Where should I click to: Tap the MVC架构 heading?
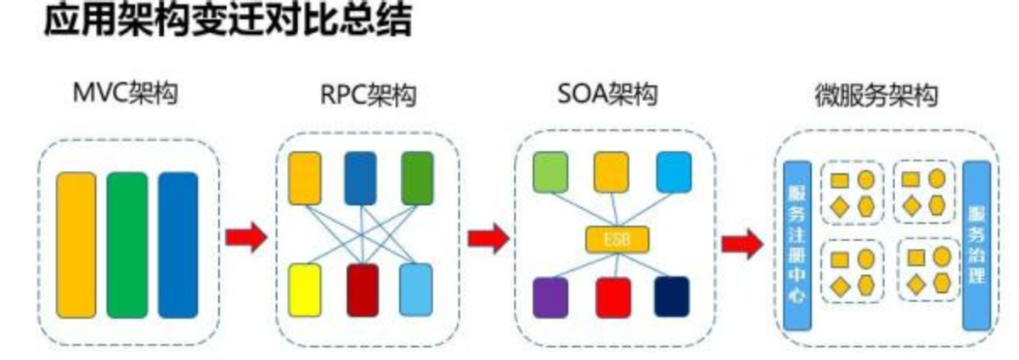[127, 93]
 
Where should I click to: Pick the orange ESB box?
[616, 239]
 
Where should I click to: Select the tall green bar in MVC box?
[127, 245]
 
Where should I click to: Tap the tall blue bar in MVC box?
[177, 245]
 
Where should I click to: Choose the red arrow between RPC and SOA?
[488, 239]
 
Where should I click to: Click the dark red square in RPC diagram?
[363, 289]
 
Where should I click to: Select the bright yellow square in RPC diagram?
[304, 289]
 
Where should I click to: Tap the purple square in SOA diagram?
[550, 296]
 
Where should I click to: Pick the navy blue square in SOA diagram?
[672, 296]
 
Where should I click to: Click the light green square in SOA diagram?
[550, 171]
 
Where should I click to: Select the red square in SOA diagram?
[612, 296]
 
